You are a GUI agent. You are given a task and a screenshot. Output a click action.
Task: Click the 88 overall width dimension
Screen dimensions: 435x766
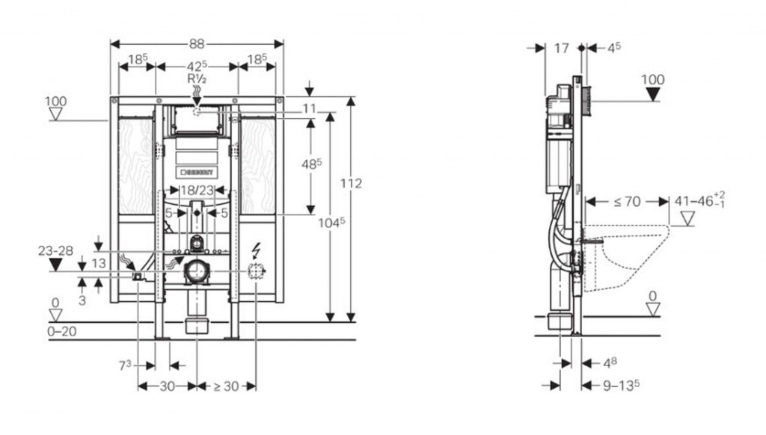[197, 44]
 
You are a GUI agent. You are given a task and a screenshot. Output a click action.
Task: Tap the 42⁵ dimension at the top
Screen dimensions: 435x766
[196, 66]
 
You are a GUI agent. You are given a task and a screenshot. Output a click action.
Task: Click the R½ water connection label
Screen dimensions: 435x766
[197, 78]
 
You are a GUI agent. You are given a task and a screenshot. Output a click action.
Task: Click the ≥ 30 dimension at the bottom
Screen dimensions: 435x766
[226, 386]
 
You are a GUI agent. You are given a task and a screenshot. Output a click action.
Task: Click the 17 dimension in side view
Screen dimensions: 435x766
[562, 48]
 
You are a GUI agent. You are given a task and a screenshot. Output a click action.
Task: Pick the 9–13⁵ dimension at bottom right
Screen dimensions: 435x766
[621, 386]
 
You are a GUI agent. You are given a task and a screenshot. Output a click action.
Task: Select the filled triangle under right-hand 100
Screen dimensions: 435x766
[653, 95]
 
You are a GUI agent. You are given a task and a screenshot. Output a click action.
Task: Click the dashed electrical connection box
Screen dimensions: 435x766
[257, 272]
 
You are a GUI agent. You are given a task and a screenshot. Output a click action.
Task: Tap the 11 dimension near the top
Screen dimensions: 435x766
[310, 109]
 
